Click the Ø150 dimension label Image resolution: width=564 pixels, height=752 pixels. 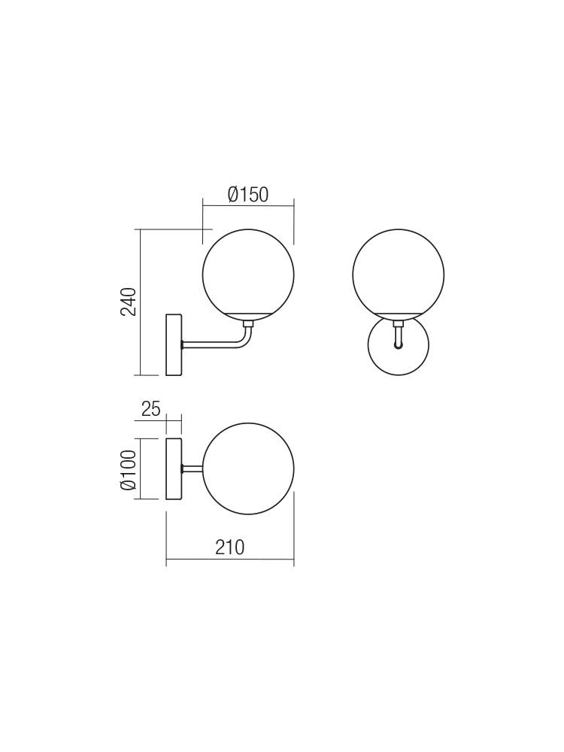click(248, 195)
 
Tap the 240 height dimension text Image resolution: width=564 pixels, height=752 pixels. click(129, 302)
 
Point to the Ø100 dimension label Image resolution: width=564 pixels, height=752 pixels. click(129, 470)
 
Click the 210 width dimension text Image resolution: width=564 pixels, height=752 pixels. click(229, 547)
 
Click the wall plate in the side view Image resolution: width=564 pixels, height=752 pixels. click(174, 344)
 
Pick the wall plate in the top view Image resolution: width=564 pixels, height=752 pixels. click(174, 469)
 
